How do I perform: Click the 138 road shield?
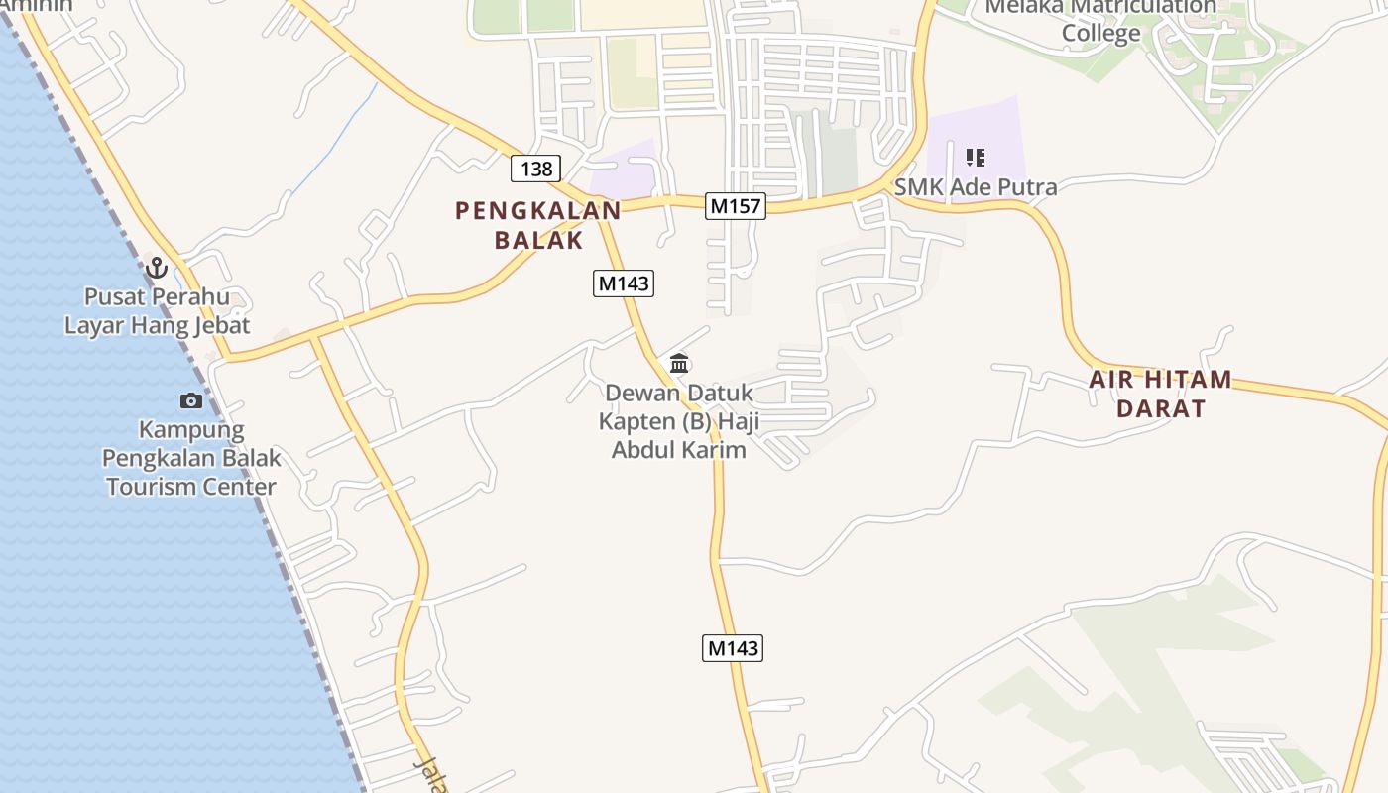[536, 169]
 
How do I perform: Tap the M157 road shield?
[737, 206]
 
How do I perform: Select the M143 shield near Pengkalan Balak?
[624, 283]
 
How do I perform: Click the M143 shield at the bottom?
[733, 648]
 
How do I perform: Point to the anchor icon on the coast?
[156, 267]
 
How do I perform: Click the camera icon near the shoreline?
[191, 400]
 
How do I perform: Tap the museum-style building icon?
[679, 363]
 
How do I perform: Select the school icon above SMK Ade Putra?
[975, 157]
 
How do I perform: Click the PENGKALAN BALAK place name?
[538, 225]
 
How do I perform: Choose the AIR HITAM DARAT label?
[1161, 394]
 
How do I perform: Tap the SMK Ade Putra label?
[976, 187]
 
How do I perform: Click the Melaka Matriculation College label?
[1100, 20]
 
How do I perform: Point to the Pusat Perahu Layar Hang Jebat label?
[157, 310]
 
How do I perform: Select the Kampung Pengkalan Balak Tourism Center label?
[191, 458]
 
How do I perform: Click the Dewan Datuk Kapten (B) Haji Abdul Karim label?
[679, 421]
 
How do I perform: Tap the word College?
[1100, 33]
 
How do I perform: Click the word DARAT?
[1161, 408]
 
